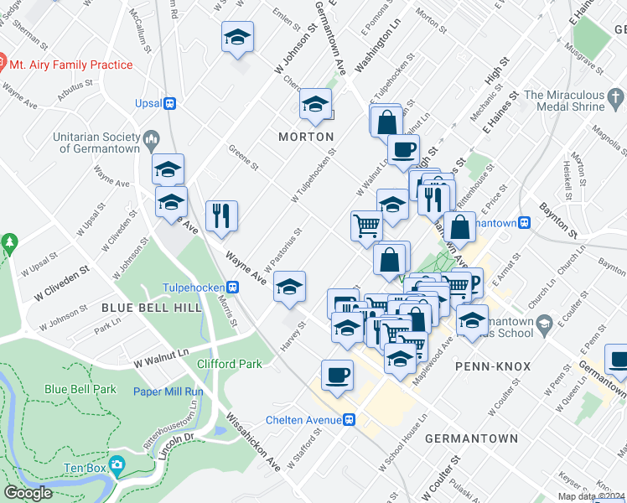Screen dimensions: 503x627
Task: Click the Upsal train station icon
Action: tap(170, 104)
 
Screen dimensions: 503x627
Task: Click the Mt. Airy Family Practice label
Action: tap(70, 65)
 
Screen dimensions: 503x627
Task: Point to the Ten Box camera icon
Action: tap(117, 464)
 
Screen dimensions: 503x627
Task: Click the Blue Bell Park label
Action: tap(80, 389)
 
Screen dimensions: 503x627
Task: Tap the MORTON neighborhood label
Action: tap(307, 137)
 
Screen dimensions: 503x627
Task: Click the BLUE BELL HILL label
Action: tap(151, 308)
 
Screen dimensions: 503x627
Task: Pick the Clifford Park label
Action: tap(230, 364)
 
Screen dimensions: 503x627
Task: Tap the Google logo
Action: tap(28, 493)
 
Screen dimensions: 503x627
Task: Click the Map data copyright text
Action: tap(590, 496)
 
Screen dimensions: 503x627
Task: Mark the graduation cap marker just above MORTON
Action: tap(315, 104)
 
